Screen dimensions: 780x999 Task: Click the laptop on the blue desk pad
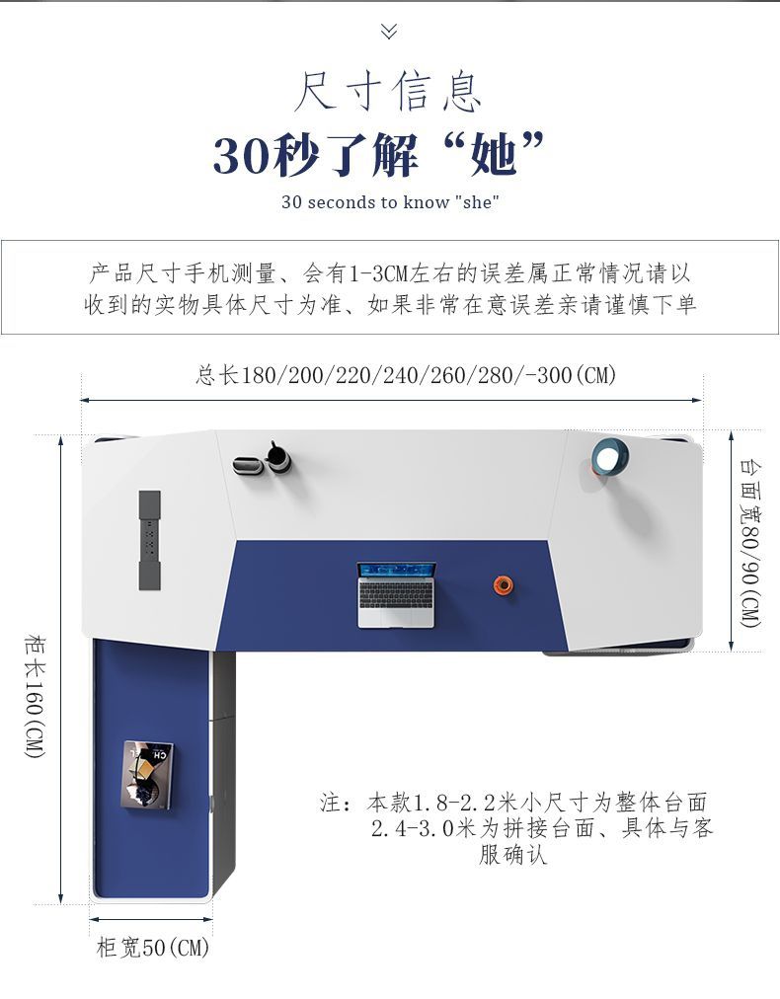pos(396,595)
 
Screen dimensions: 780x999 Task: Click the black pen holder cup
pos(277,457)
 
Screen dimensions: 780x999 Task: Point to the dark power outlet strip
pos(150,540)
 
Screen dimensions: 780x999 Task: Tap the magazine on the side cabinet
pos(148,775)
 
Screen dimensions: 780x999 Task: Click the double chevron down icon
pos(389,31)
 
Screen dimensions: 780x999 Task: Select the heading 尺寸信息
pos(388,92)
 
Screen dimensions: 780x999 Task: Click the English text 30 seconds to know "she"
pos(390,202)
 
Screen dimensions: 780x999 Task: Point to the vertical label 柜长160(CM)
pos(35,696)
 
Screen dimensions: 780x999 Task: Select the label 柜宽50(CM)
pos(153,948)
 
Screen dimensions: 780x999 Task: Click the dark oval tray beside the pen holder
pos(249,466)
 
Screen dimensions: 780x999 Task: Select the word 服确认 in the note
pos(513,855)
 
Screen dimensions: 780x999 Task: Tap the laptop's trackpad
pos(396,617)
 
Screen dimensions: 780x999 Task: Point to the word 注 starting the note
pos(331,803)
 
